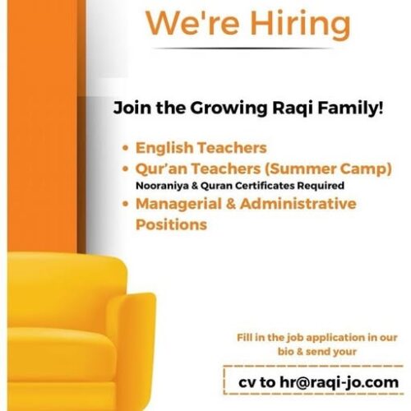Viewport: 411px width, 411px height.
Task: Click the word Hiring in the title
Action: tap(300, 25)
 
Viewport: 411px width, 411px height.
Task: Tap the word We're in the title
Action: tap(192, 23)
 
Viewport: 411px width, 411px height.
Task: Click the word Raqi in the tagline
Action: tap(293, 109)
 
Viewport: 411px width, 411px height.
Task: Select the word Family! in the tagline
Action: tap(350, 109)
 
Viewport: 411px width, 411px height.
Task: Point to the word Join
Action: tap(132, 109)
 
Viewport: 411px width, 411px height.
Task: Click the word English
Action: tap(164, 148)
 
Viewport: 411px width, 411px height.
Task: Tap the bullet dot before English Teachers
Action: tap(126, 148)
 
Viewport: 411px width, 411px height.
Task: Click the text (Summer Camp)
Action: tap(328, 169)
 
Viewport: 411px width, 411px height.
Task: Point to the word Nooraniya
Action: tap(162, 186)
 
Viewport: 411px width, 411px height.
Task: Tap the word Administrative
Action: tap(298, 204)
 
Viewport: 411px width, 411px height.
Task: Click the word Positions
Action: tap(171, 224)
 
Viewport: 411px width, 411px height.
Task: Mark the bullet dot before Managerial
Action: tap(126, 204)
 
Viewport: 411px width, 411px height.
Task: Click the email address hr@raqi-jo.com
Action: tap(339, 382)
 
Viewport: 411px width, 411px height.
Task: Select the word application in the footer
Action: tap(335, 338)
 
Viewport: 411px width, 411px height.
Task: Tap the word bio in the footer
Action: tap(285, 352)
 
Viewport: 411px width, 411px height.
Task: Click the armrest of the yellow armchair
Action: tap(134, 343)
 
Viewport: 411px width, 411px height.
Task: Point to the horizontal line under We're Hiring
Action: tap(243, 48)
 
